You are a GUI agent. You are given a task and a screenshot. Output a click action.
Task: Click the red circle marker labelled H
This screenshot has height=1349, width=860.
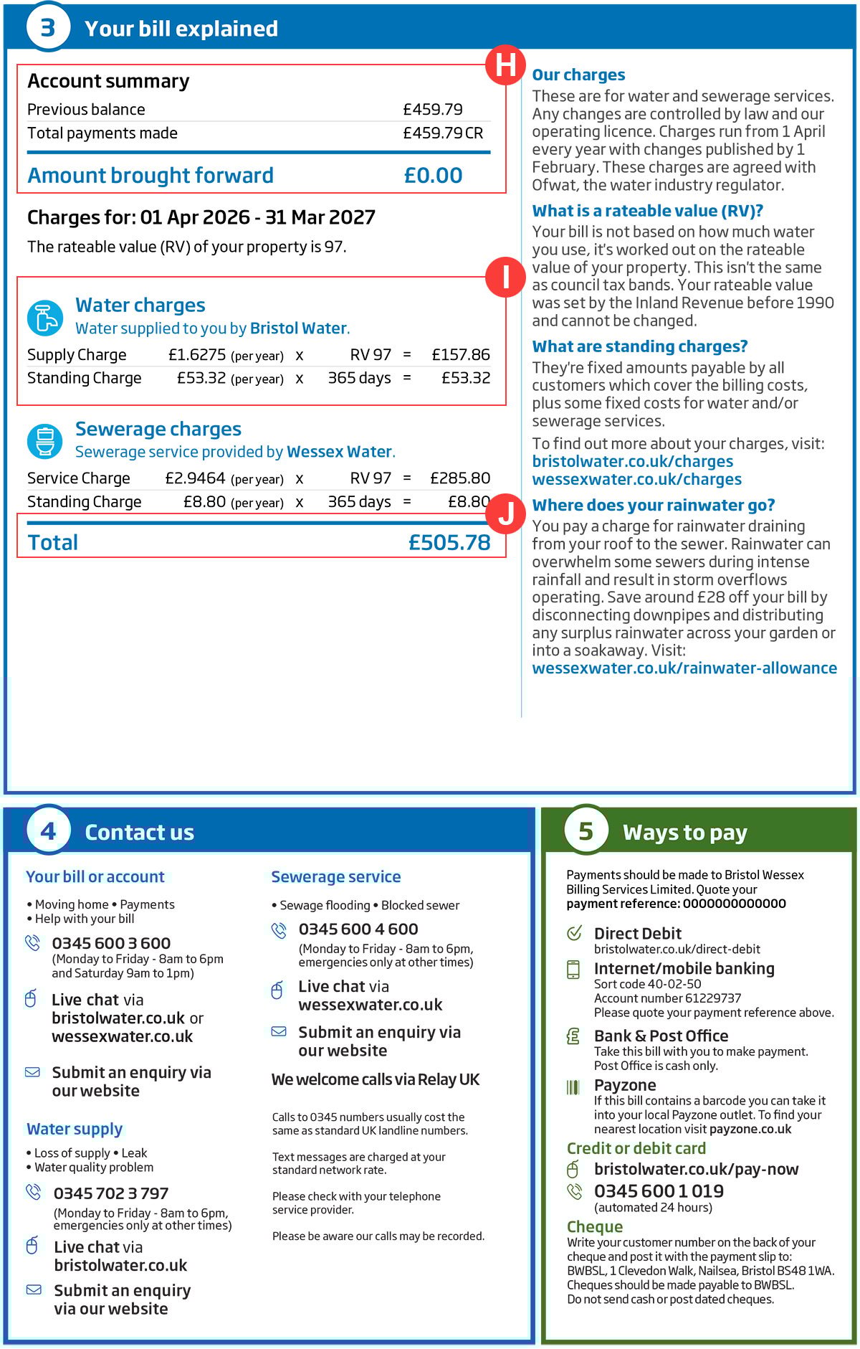505,65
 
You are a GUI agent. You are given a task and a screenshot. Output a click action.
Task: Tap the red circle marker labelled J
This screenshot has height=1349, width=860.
505,513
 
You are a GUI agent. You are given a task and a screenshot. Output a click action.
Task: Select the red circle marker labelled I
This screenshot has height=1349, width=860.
505,277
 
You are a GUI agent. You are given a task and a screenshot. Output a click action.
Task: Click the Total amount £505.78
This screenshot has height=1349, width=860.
449,543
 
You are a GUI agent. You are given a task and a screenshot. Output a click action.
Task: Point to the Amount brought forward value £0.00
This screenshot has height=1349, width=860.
433,176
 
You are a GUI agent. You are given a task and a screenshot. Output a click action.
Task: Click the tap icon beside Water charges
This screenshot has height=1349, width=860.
45,318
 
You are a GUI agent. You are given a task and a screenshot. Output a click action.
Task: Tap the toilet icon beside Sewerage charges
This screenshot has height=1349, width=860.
45,441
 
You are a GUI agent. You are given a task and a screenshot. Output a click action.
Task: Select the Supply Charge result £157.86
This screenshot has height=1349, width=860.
461,355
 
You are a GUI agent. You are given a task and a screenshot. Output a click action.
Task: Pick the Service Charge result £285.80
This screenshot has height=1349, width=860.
460,478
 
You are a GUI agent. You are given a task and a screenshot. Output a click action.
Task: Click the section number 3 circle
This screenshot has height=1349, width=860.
47,28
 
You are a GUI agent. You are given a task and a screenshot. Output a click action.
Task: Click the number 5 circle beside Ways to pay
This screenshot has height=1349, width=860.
586,831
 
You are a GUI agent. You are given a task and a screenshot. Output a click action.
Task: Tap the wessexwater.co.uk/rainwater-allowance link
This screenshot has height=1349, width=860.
684,668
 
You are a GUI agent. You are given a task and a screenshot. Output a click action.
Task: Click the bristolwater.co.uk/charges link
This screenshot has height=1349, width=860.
633,462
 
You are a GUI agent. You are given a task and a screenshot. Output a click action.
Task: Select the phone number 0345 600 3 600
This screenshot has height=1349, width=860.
111,943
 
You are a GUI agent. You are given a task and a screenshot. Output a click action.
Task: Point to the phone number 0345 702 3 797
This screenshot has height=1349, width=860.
111,1193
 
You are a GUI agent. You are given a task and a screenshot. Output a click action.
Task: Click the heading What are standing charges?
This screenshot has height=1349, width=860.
640,347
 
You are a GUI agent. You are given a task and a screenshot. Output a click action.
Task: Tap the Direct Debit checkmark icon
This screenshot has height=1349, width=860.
574,933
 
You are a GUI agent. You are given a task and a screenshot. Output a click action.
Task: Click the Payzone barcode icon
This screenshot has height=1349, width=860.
573,1087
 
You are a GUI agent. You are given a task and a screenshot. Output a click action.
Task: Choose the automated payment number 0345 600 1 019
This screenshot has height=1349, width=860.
659,1191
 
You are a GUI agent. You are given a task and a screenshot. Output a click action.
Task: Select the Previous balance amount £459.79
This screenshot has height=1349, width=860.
433,110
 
